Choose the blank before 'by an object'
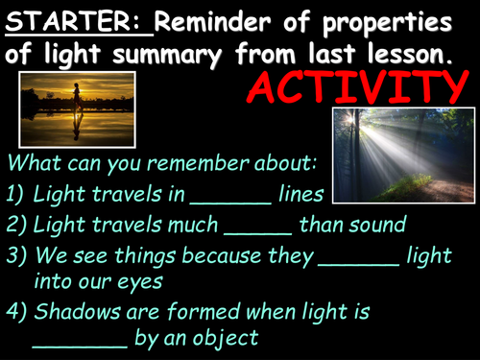[x=80, y=340]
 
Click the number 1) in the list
[x=17, y=195]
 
